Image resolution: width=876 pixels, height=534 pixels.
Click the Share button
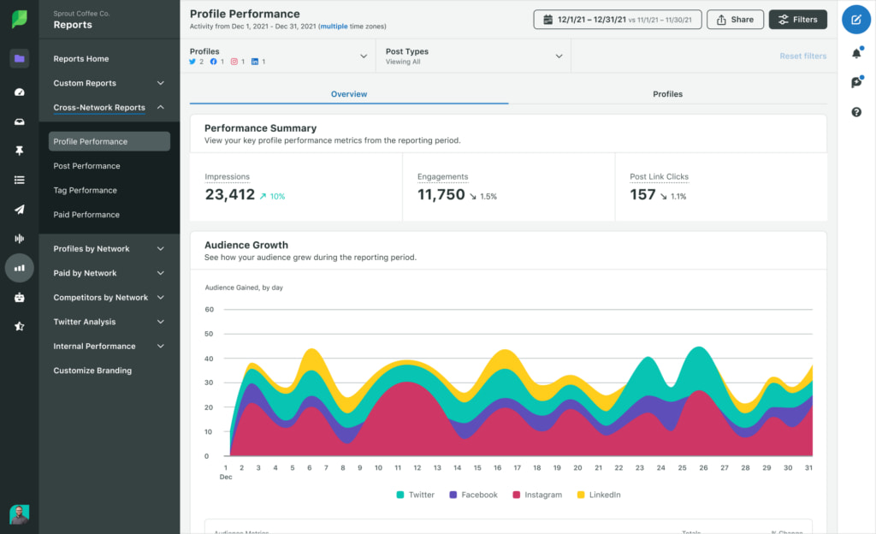point(735,20)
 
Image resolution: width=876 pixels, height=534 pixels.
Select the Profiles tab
point(667,94)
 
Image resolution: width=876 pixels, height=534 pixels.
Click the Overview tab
point(349,94)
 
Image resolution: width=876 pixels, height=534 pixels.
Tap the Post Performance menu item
point(86,166)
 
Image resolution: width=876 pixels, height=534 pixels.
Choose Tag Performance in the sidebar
point(85,190)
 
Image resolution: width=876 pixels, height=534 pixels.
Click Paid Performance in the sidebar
point(86,215)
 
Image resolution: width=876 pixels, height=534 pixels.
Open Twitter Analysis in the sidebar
point(85,322)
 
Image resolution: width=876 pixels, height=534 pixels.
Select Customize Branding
point(92,371)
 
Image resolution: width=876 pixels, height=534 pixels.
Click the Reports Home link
point(80,59)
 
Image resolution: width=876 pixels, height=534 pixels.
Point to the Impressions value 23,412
point(230,195)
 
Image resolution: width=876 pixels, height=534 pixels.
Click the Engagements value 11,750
point(441,195)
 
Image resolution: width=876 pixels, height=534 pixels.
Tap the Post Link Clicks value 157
point(642,195)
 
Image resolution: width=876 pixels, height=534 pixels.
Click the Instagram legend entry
point(536,495)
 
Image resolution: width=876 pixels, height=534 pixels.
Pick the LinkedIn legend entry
point(598,495)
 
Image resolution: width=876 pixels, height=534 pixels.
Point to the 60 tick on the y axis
point(208,309)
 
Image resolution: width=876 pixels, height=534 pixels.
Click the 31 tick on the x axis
point(808,468)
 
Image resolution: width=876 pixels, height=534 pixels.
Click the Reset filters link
point(802,56)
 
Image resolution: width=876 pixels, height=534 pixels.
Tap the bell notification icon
point(856,54)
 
